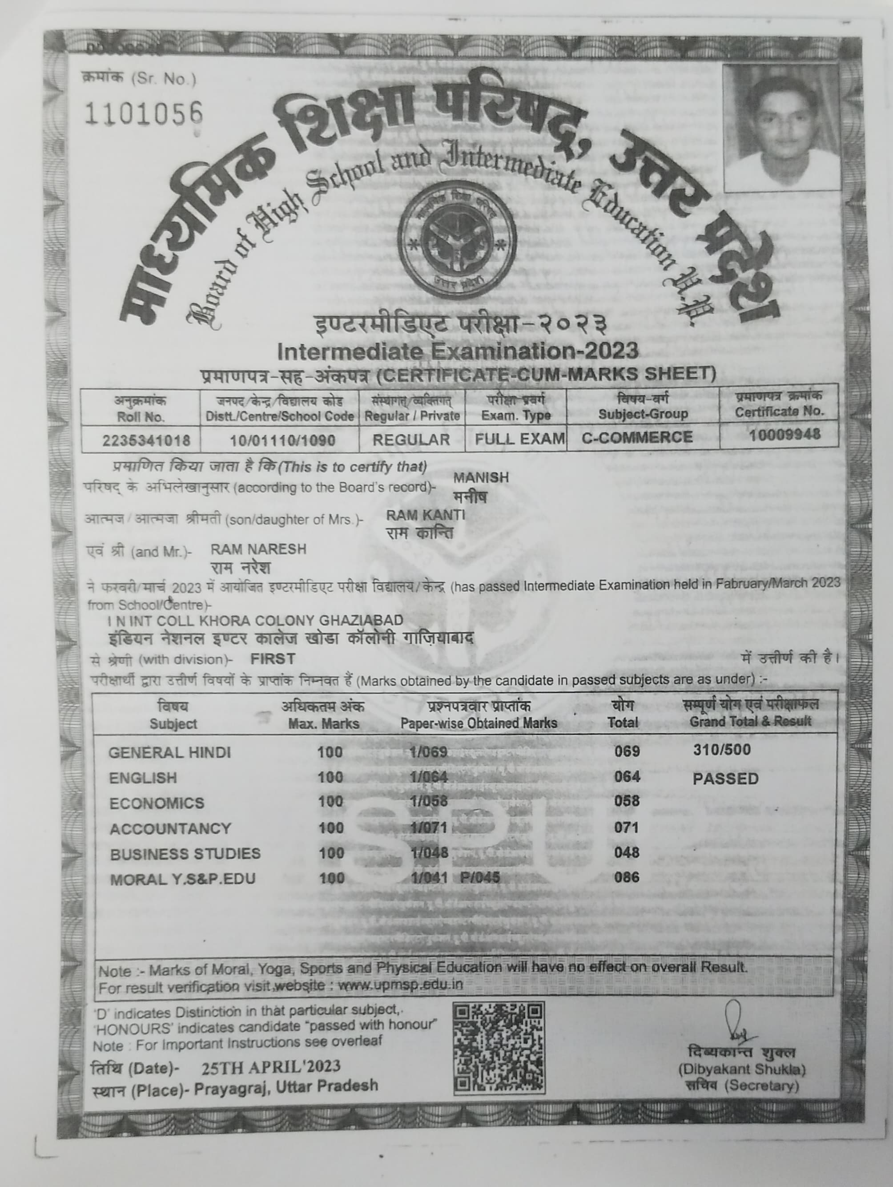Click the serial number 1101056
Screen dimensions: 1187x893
[144, 113]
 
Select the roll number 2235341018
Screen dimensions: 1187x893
[146, 440]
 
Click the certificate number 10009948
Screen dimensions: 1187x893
[784, 434]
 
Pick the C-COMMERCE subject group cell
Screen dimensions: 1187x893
[637, 437]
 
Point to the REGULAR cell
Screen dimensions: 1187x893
[411, 440]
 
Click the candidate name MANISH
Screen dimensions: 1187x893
[481, 477]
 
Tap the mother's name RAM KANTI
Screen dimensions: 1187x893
[425, 515]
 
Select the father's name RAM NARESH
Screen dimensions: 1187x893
[258, 549]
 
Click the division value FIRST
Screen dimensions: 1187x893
[273, 658]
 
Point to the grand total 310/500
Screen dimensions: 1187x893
[721, 750]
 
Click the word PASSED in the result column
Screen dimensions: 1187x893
[725, 779]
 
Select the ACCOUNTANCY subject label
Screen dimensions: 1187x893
[170, 828]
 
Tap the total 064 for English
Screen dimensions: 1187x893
[627, 776]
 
